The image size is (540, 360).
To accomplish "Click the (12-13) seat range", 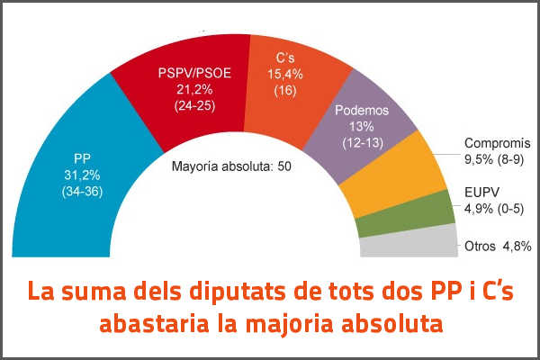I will click(361, 143).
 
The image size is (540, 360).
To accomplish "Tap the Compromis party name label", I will click(498, 144).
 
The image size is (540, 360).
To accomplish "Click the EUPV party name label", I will click(481, 193).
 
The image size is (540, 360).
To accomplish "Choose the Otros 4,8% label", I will click(498, 246).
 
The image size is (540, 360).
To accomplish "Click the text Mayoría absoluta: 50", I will click(231, 166).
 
